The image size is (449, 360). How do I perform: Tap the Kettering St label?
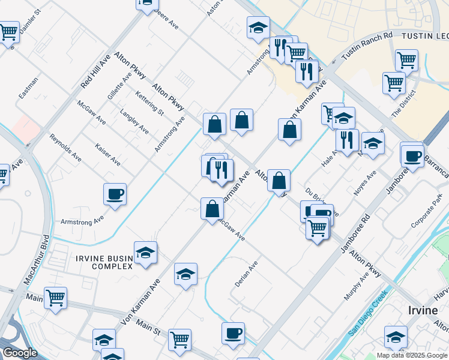click(x=149, y=102)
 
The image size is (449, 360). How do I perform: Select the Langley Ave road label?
click(x=134, y=121)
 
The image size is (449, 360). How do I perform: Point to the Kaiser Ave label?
click(x=107, y=154)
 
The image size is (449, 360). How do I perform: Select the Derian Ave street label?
click(x=246, y=273)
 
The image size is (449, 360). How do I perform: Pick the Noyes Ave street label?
click(x=364, y=183)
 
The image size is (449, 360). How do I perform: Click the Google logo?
click(x=20, y=353)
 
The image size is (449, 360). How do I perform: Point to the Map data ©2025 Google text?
click(x=411, y=355)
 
